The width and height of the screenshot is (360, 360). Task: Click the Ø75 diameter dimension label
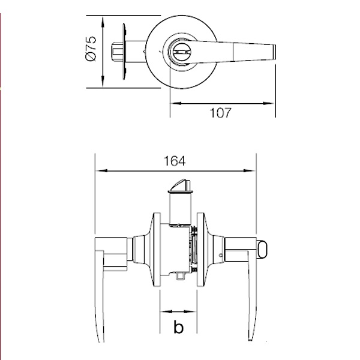(91, 49)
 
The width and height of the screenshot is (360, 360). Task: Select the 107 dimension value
(220, 113)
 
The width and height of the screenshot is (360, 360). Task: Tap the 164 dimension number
(175, 161)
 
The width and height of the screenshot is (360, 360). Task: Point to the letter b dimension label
(179, 327)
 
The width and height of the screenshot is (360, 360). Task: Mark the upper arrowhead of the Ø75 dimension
(103, 22)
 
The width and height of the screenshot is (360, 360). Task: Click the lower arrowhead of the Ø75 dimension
(103, 82)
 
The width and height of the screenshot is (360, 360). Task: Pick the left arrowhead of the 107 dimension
(176, 104)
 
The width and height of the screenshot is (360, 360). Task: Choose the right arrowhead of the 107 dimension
(269, 104)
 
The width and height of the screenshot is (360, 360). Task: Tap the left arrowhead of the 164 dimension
(101, 171)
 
